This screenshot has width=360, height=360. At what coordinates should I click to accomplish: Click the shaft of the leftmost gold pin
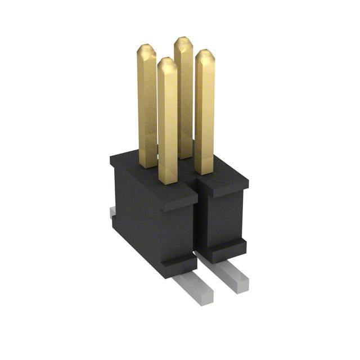tap(147, 107)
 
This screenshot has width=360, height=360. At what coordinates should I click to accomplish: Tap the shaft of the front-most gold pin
tap(168, 124)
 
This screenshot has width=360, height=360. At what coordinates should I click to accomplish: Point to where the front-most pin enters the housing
tap(168, 181)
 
